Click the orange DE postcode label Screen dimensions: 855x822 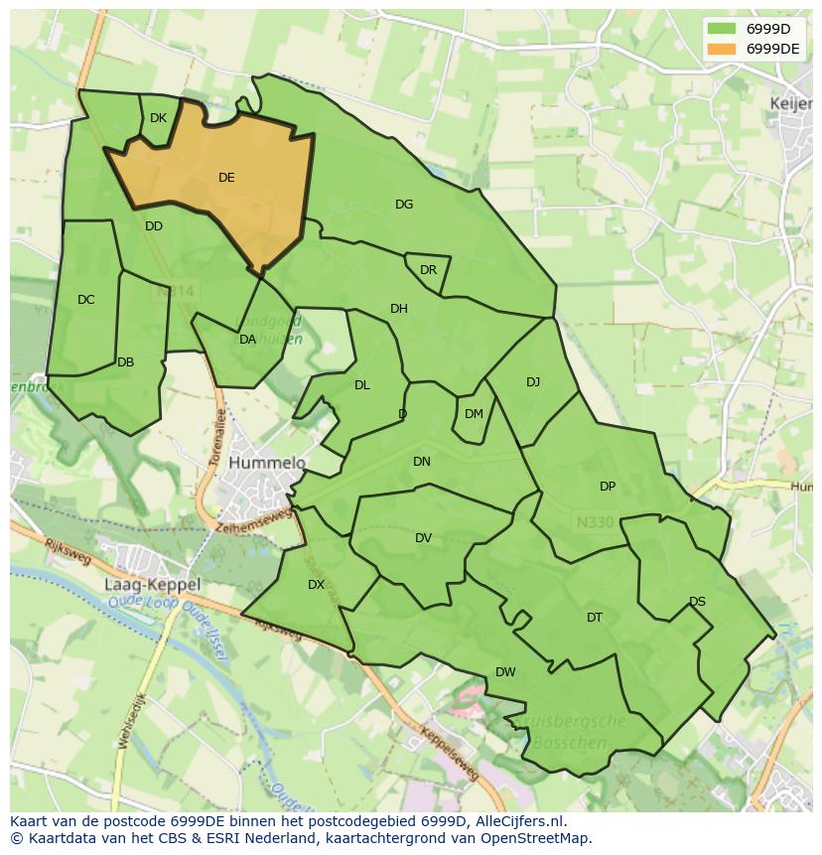coord(226,178)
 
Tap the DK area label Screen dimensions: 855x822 coord(158,118)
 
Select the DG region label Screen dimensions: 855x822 coord(404,205)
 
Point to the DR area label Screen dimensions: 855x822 coord(428,270)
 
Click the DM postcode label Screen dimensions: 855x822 coord(474,414)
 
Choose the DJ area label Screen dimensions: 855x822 coord(533,382)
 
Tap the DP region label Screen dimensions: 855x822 coord(608,487)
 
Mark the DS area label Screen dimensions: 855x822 coord(697,602)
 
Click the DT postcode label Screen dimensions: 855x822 coord(595,618)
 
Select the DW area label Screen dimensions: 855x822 coord(505,672)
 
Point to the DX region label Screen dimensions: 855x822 coord(316,585)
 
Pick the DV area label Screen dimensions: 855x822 coord(423,538)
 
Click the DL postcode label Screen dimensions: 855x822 coord(362,385)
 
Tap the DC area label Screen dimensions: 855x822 coord(86,300)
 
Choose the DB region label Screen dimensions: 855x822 coord(125,362)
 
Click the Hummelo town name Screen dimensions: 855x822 coord(267,463)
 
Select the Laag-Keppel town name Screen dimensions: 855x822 coord(152,585)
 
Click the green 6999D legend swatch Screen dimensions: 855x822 coord(722,29)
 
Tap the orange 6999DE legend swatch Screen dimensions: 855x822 coord(722,49)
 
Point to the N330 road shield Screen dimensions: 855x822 coord(595,521)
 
